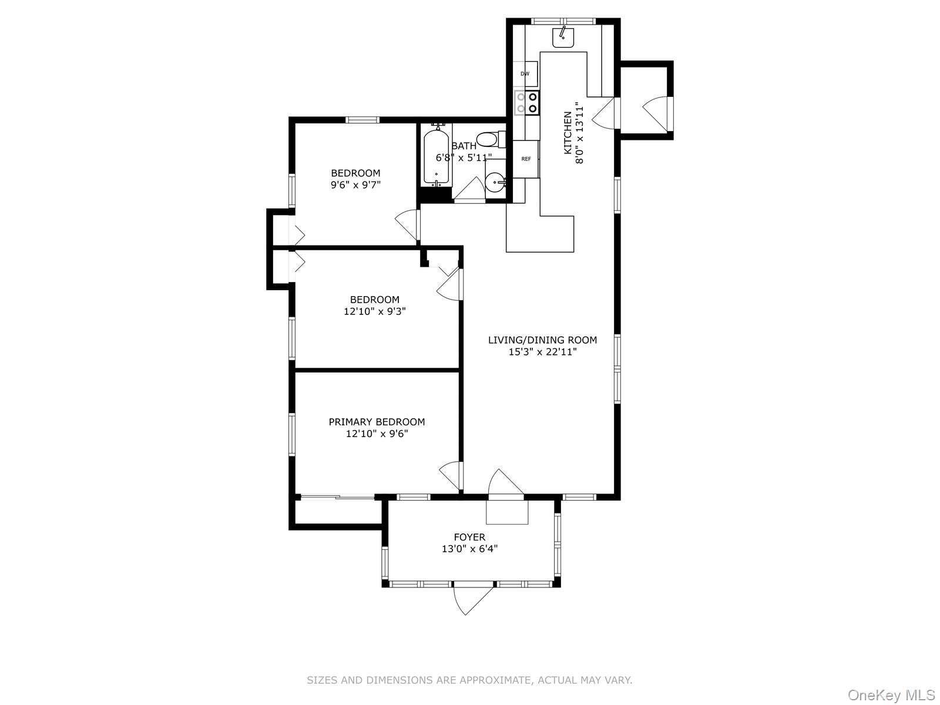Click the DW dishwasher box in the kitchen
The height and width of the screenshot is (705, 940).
tap(525, 74)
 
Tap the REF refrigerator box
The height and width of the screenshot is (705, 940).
tap(526, 159)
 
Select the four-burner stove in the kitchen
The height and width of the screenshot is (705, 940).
tap(526, 103)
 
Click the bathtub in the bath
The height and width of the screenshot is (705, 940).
tap(436, 154)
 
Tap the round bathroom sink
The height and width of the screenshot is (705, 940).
tap(495, 183)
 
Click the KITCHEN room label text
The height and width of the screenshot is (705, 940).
tap(568, 133)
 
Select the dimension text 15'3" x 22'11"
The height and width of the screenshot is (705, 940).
tap(542, 352)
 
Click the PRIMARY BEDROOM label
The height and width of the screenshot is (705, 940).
tap(377, 422)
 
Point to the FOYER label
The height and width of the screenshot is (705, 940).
tap(469, 537)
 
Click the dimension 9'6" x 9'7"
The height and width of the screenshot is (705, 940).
tap(355, 184)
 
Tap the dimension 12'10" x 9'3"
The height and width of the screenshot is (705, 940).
tap(374, 311)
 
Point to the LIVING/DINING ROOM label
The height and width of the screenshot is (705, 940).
tap(542, 340)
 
